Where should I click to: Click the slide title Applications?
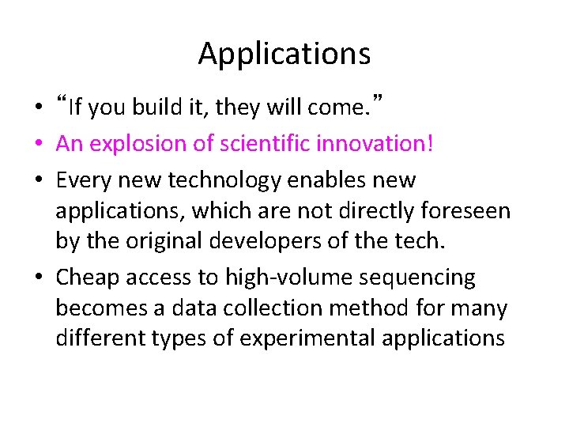[x=284, y=54]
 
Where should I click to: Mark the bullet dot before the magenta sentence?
[x=39, y=145]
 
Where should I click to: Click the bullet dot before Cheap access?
[x=39, y=278]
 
